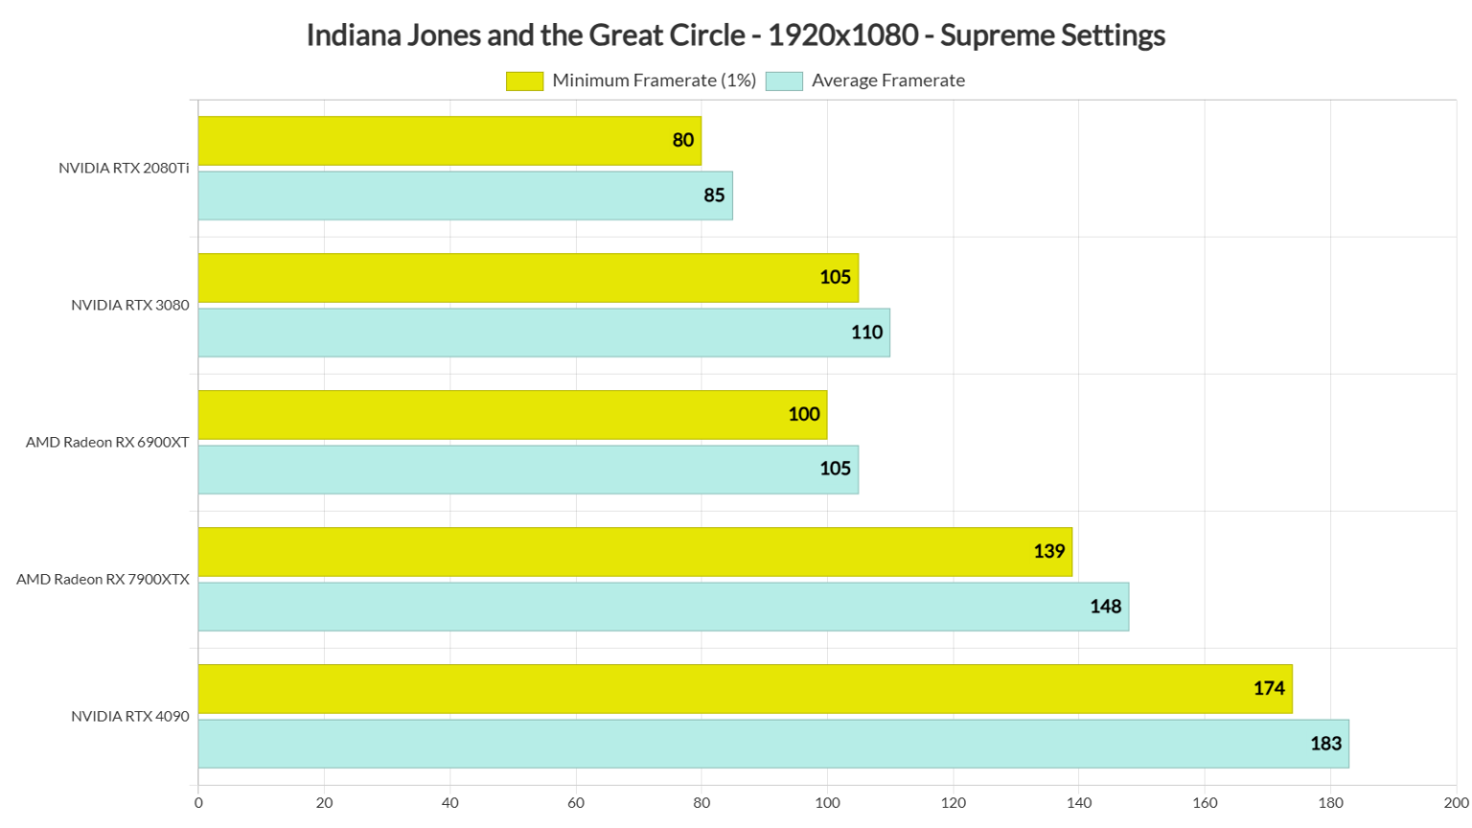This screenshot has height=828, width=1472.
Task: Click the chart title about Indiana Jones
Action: click(735, 35)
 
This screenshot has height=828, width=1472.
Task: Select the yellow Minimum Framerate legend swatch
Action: click(524, 81)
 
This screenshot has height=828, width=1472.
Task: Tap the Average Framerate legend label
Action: click(887, 81)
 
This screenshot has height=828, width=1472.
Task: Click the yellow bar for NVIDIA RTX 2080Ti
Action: click(449, 141)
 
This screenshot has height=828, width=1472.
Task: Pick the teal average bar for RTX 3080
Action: click(543, 333)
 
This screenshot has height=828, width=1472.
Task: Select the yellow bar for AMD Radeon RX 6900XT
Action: click(512, 415)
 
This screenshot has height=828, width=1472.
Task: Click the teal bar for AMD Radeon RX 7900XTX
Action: click(663, 607)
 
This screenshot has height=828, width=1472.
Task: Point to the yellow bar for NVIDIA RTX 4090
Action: click(745, 689)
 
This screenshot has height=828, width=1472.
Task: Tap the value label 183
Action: click(1325, 744)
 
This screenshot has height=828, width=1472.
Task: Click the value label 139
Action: click(1048, 551)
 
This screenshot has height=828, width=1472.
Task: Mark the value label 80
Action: click(682, 141)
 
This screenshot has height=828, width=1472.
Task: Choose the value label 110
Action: click(866, 333)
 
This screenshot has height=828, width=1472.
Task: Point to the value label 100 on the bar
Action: click(803, 415)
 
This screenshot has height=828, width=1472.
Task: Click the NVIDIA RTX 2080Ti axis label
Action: click(124, 169)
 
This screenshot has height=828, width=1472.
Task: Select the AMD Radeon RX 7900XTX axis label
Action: click(103, 580)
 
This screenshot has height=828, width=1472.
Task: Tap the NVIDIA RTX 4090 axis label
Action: click(129, 717)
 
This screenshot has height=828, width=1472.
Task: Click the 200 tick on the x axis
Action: click(1455, 803)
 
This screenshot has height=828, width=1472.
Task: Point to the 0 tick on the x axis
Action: click(198, 803)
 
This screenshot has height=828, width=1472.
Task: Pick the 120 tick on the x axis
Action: click(953, 803)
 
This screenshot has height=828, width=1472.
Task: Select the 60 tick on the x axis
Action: click(576, 803)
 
